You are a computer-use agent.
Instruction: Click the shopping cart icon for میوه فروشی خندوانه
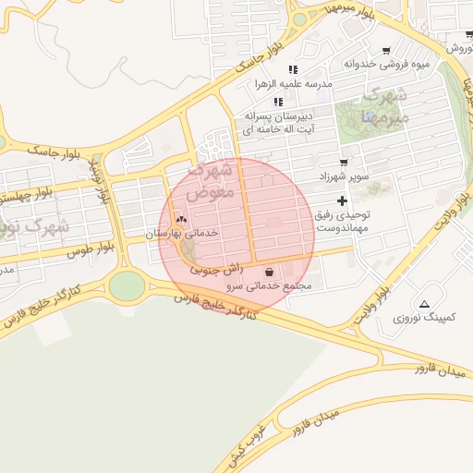(385, 51)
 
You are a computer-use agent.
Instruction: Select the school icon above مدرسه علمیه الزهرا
(293, 69)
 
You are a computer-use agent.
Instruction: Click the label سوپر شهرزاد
(343, 176)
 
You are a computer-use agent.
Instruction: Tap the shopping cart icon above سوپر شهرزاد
(344, 162)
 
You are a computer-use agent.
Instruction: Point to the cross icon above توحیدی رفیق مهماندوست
(343, 200)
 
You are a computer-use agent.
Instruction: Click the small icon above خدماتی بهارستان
(181, 220)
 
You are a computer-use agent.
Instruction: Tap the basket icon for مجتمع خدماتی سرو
(269, 273)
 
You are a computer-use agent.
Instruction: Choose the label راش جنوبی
(216, 269)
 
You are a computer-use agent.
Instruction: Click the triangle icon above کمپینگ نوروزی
(424, 304)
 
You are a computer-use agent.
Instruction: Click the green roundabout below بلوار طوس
(127, 285)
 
